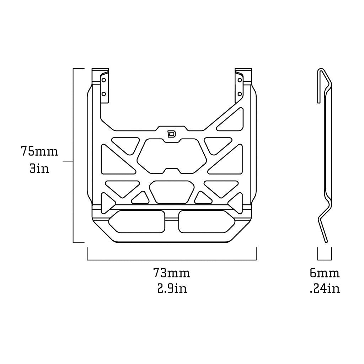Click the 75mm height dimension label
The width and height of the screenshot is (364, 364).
(x=39, y=151)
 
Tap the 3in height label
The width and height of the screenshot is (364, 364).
(x=39, y=168)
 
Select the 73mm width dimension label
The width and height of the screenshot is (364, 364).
(x=172, y=273)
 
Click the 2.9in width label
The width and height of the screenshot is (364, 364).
(x=172, y=288)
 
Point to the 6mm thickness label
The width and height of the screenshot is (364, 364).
(x=325, y=273)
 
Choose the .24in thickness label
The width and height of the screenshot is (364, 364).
(x=325, y=288)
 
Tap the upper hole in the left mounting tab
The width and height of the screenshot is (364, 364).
(x=104, y=80)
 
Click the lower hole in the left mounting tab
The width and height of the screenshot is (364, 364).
(x=104, y=94)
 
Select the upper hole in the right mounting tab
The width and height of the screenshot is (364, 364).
(x=240, y=80)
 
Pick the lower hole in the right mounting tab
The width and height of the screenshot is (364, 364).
(x=240, y=94)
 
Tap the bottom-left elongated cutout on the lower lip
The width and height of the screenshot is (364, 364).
(x=137, y=221)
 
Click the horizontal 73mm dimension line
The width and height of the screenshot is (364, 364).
(x=172, y=260)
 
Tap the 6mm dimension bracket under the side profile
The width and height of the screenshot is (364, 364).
(x=325, y=253)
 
